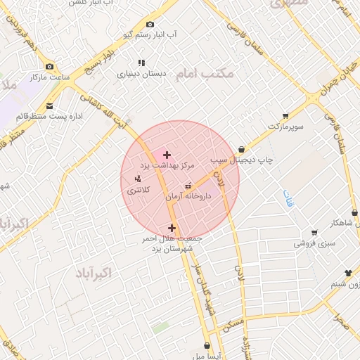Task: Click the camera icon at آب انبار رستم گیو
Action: [x=150, y=25]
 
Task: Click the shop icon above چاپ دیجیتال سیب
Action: [x=242, y=149]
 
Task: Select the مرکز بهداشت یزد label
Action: [x=167, y=165]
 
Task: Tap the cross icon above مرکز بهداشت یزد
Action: [x=167, y=154]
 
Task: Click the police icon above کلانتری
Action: [x=137, y=179]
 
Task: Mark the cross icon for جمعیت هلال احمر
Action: [x=172, y=228]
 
